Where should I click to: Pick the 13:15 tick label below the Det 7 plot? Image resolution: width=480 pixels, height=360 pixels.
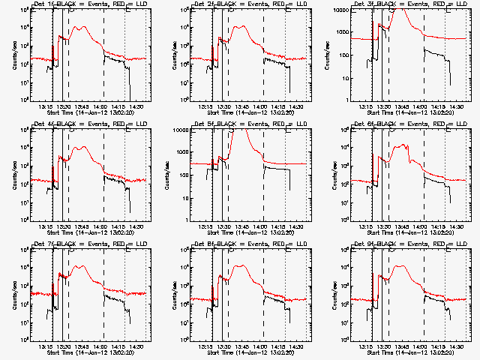(x=46, y=346)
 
